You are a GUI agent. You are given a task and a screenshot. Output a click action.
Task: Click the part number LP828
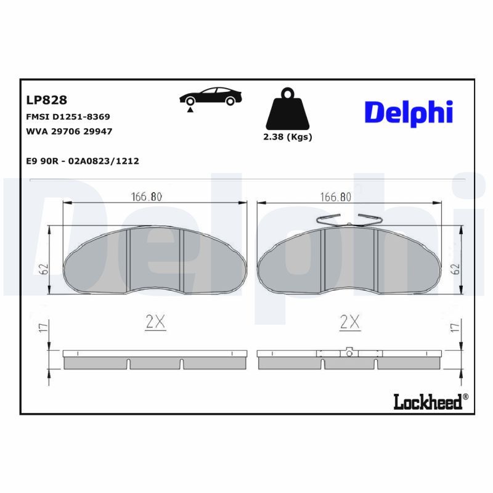46,100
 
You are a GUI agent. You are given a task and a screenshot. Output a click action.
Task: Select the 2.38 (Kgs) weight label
287,137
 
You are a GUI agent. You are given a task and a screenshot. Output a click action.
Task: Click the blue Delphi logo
409,112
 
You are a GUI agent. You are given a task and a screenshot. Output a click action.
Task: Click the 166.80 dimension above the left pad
147,197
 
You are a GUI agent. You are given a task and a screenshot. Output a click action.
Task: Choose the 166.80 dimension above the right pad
336,197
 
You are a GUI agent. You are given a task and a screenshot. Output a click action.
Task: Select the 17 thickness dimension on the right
454,328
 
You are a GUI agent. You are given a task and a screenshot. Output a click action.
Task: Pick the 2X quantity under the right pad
349,321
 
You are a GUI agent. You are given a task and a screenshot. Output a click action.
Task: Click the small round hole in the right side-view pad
349,353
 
